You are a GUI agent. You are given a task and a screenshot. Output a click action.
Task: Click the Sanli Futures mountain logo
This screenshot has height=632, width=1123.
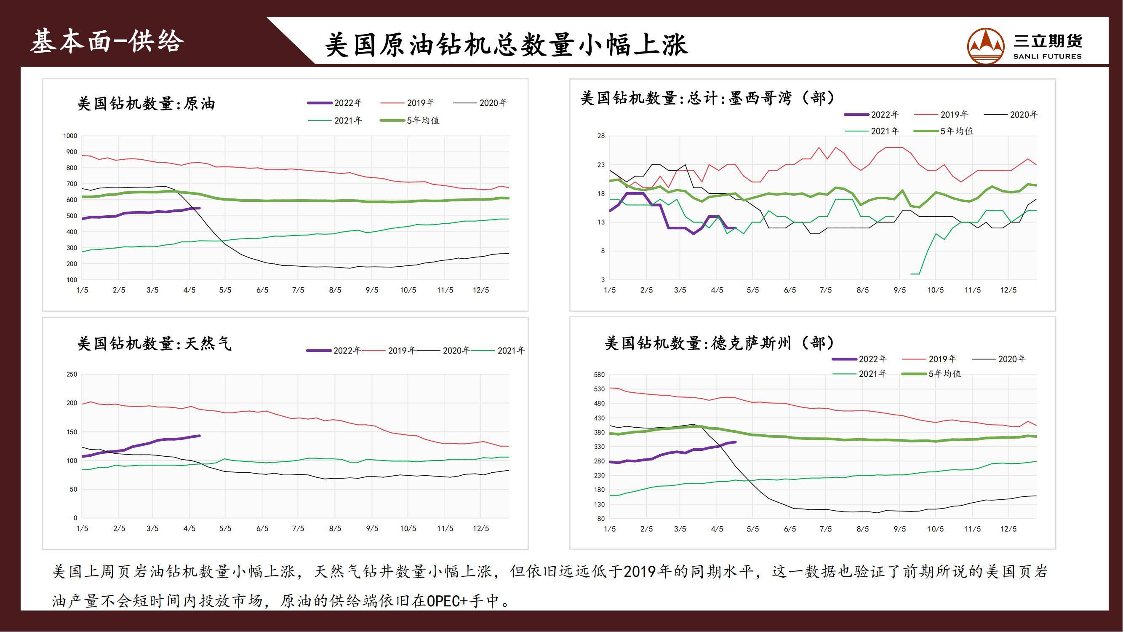(986, 46)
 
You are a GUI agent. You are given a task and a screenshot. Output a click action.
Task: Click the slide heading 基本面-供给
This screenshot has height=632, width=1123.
(107, 42)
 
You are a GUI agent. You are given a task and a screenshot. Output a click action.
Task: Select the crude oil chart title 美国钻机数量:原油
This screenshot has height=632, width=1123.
(146, 104)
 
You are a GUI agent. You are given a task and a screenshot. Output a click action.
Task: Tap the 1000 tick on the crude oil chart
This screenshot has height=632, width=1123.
(70, 136)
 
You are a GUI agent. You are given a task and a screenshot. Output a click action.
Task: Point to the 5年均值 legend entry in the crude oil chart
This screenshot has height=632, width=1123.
(422, 121)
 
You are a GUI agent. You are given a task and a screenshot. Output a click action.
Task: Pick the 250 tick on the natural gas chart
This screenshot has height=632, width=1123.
(72, 374)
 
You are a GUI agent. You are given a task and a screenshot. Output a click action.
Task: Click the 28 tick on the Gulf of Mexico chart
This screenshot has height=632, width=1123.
(601, 136)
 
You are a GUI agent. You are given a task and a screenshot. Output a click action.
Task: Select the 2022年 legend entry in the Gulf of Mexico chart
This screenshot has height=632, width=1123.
(885, 115)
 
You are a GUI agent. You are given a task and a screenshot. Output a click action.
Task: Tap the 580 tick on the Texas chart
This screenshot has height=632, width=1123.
(599, 375)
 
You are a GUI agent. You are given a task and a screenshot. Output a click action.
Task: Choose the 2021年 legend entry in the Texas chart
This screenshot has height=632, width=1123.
(872, 374)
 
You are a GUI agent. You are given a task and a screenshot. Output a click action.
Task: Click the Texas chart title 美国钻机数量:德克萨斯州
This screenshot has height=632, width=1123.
(719, 344)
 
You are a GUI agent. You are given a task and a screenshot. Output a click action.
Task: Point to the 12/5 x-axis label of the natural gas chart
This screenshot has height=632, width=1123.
(481, 529)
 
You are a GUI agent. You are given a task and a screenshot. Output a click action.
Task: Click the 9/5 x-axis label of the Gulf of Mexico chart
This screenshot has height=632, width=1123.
(899, 290)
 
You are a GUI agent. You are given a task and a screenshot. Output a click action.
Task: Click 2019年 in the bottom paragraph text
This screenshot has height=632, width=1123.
(641, 571)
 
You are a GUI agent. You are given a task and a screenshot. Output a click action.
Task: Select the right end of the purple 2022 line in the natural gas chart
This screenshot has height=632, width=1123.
(199, 436)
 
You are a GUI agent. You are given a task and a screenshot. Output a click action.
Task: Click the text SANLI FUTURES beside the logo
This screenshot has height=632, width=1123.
(1047, 56)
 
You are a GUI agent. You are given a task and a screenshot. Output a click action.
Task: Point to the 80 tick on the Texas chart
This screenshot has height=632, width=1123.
(601, 519)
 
